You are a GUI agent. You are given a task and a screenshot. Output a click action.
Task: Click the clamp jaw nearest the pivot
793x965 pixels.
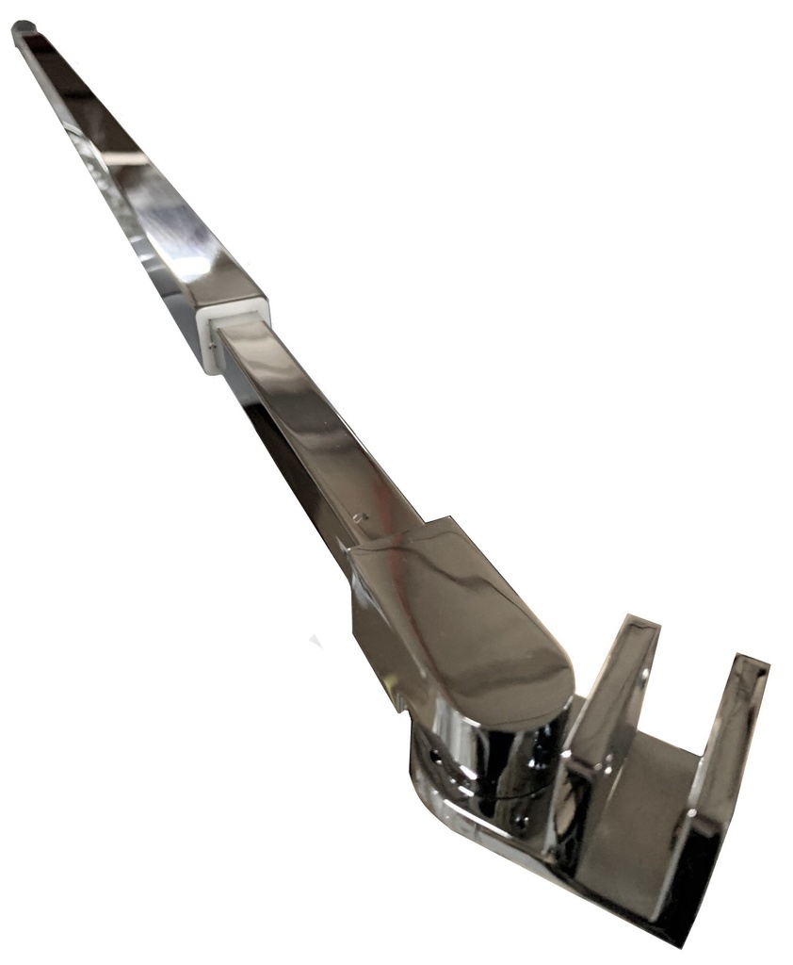pos(603,716)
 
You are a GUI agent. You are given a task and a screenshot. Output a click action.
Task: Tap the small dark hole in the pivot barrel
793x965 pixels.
pos(435,757)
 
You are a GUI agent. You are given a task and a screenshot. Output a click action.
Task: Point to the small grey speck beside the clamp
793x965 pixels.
pos(316,642)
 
